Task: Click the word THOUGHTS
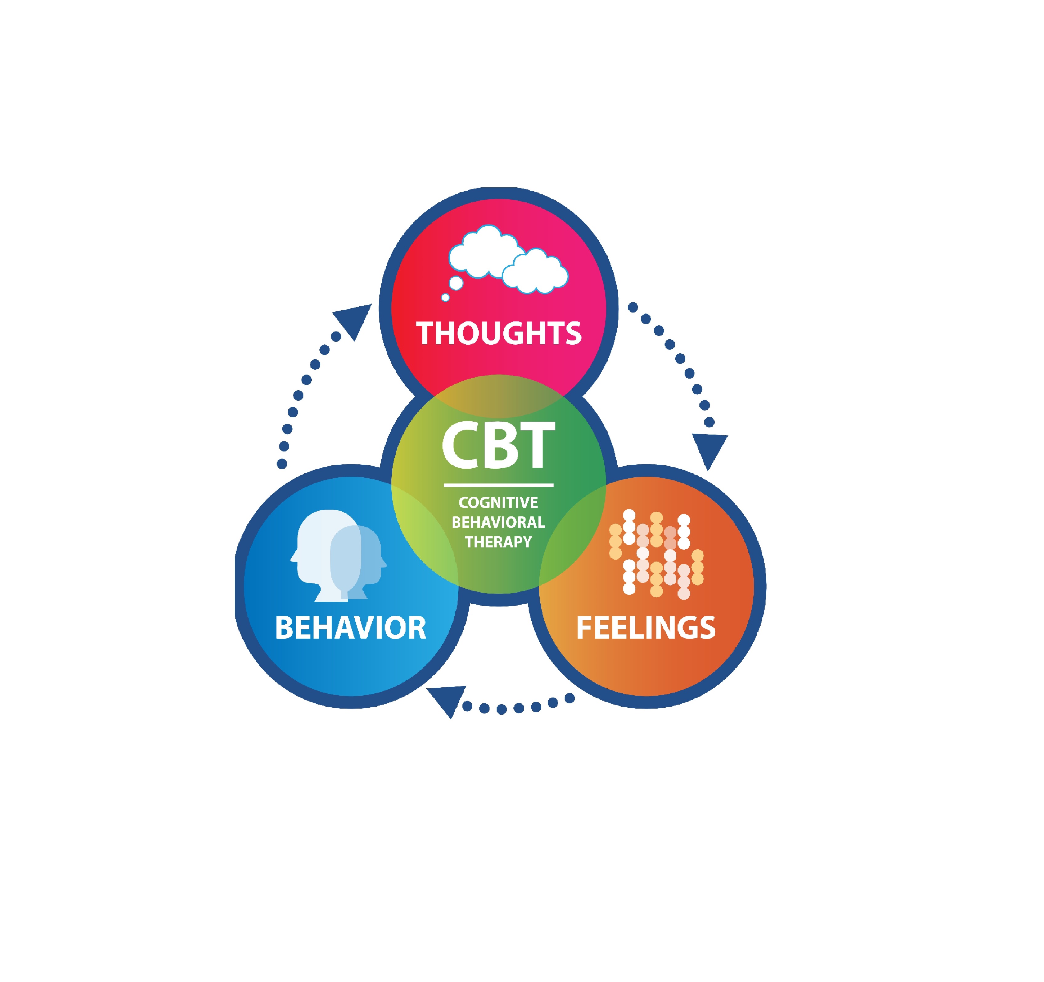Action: (498, 333)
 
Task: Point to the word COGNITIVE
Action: (498, 503)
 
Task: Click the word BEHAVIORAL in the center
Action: (498, 522)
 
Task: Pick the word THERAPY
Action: (498, 542)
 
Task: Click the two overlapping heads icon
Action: (339, 555)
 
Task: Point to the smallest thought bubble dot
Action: (445, 298)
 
